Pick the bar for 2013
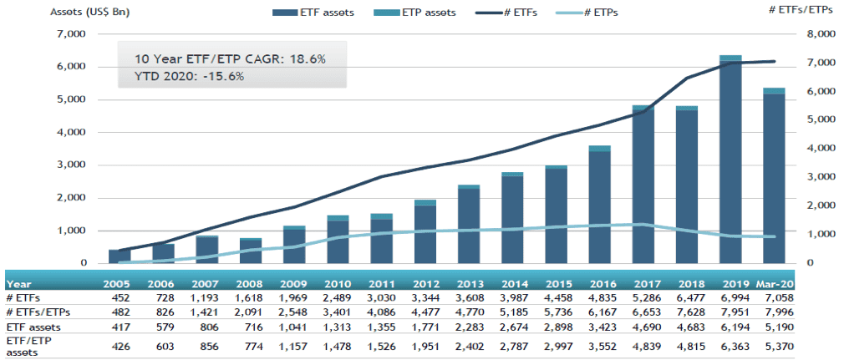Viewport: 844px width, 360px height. [468, 226]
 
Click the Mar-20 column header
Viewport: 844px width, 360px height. [773, 283]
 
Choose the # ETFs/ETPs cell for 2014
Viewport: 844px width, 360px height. [512, 311]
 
